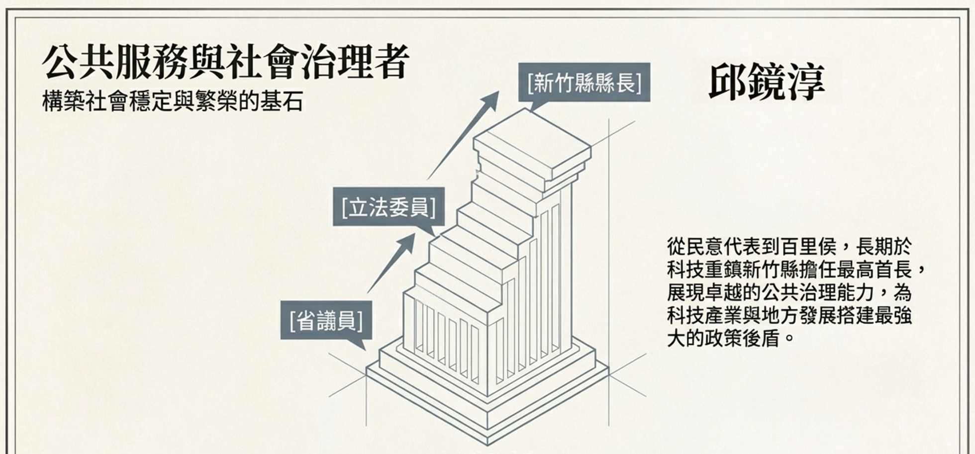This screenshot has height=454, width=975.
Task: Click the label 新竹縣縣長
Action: [x=584, y=83]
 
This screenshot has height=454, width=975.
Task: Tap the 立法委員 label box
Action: [x=389, y=207]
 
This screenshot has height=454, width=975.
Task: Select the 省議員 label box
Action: [x=326, y=320]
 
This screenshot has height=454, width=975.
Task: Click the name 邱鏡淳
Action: [x=766, y=82]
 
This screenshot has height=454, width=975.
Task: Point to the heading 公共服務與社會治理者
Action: [x=226, y=63]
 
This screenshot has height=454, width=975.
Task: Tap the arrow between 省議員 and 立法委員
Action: [x=391, y=263]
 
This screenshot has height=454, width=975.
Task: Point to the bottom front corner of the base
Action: [x=487, y=442]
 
